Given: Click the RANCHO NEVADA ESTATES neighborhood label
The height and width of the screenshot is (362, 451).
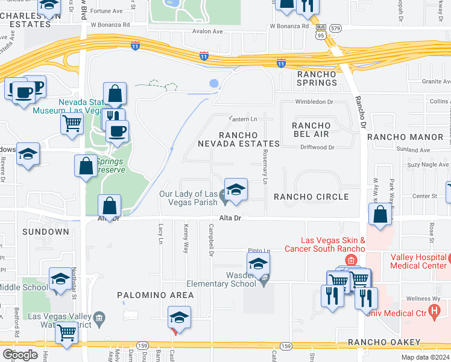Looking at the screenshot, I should click(x=239, y=139).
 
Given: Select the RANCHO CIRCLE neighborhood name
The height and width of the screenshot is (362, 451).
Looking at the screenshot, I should click(x=311, y=197).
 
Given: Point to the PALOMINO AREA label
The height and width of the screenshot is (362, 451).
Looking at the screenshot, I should click(x=156, y=295).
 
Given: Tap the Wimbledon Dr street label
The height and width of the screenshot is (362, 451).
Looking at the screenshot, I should click(x=314, y=102).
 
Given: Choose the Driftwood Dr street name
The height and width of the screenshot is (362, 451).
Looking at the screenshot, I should click(x=314, y=147).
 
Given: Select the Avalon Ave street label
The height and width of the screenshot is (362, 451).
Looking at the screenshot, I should click(x=208, y=31).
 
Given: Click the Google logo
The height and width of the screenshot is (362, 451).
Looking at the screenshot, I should click(x=20, y=355).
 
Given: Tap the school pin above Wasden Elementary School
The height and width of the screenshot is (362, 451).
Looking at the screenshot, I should click(x=258, y=263).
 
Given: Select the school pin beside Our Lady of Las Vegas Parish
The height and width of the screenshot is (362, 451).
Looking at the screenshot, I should click(x=236, y=189).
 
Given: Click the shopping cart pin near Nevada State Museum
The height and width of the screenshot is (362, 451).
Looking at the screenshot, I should click(x=72, y=123).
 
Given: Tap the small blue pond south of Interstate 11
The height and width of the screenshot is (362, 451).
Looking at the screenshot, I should click(x=213, y=84).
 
